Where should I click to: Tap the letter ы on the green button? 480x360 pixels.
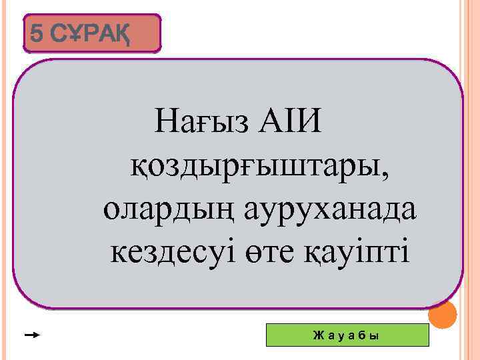[x=374, y=335]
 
